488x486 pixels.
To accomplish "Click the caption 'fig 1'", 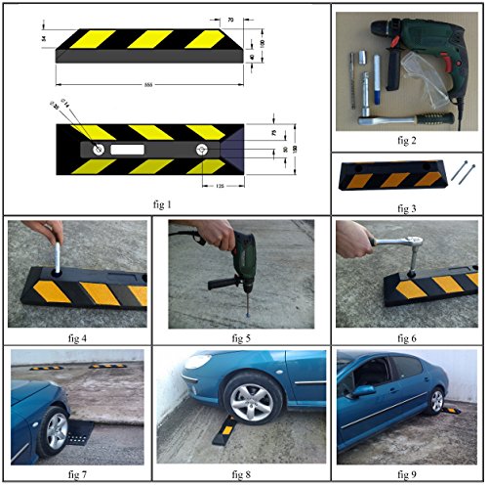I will point(162,204).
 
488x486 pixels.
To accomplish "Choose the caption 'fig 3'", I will point(408,206).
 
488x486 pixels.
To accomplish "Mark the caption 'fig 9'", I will point(407,474).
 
